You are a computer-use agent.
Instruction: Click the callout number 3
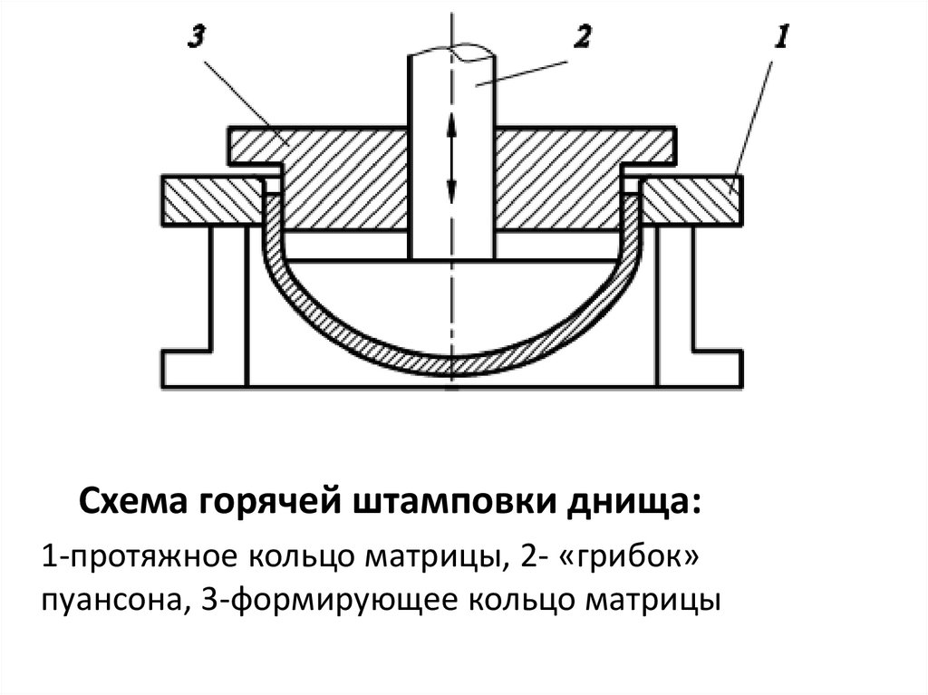click(x=198, y=38)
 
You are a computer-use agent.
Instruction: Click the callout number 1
click(x=782, y=37)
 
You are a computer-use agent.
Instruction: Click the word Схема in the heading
click(x=131, y=501)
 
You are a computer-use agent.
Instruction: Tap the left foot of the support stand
click(x=186, y=367)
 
